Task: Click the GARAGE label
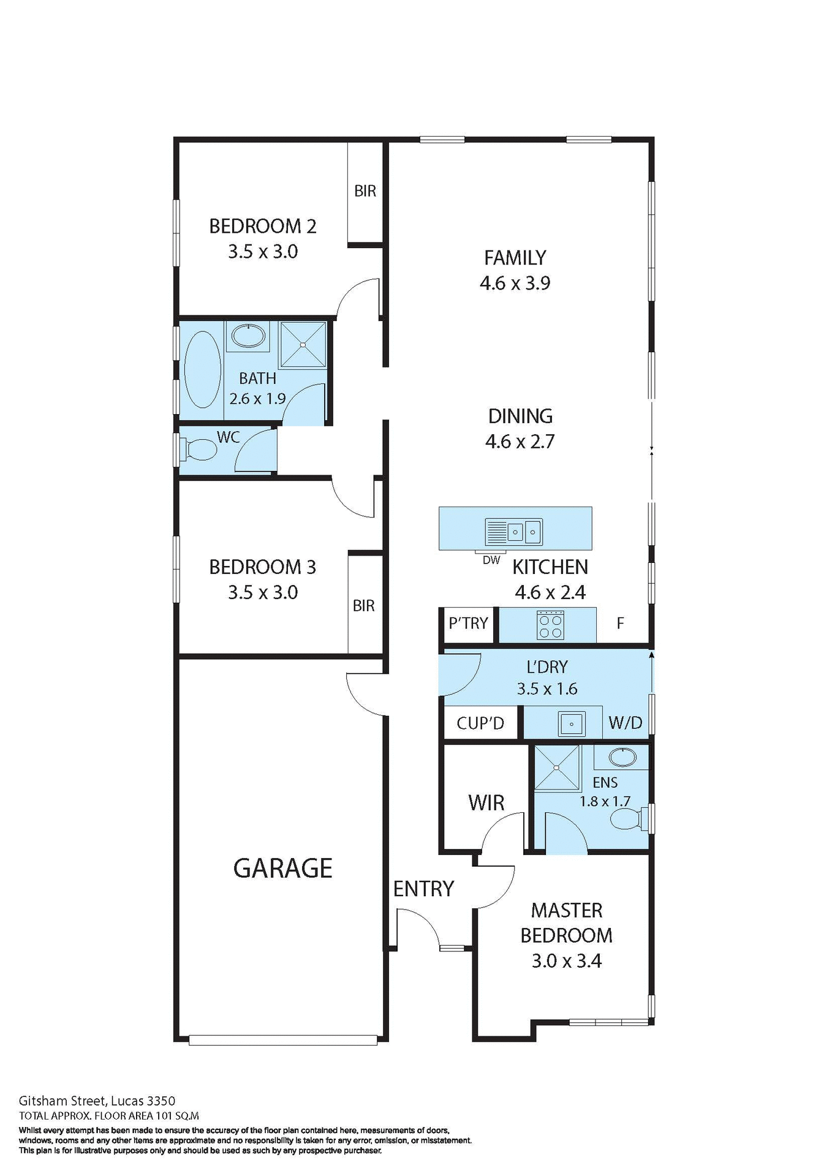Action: click(282, 869)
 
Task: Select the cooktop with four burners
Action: click(550, 625)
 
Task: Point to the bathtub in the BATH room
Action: click(203, 369)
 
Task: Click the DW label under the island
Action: click(491, 560)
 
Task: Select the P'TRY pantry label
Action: click(468, 624)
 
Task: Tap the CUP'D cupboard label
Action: click(480, 723)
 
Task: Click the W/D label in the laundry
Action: click(625, 723)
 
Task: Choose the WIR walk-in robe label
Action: click(486, 803)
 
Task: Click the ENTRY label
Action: click(423, 889)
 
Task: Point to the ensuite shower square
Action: click(556, 767)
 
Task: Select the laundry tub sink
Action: click(571, 724)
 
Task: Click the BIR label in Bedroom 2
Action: click(365, 191)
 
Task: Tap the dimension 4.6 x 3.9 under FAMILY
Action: click(515, 283)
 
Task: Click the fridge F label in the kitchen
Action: click(620, 624)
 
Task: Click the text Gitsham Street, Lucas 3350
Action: click(97, 1101)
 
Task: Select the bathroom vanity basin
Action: click(248, 336)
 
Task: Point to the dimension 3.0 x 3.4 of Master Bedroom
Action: click(566, 961)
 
